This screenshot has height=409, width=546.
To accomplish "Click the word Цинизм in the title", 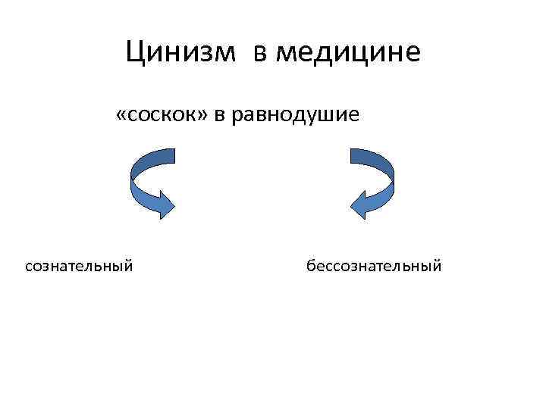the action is click(x=184, y=52).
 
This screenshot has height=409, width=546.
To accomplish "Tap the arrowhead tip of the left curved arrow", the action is click(x=175, y=205).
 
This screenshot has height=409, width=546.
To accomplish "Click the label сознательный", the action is click(x=80, y=266).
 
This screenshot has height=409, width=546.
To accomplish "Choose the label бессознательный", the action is click(x=373, y=266).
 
